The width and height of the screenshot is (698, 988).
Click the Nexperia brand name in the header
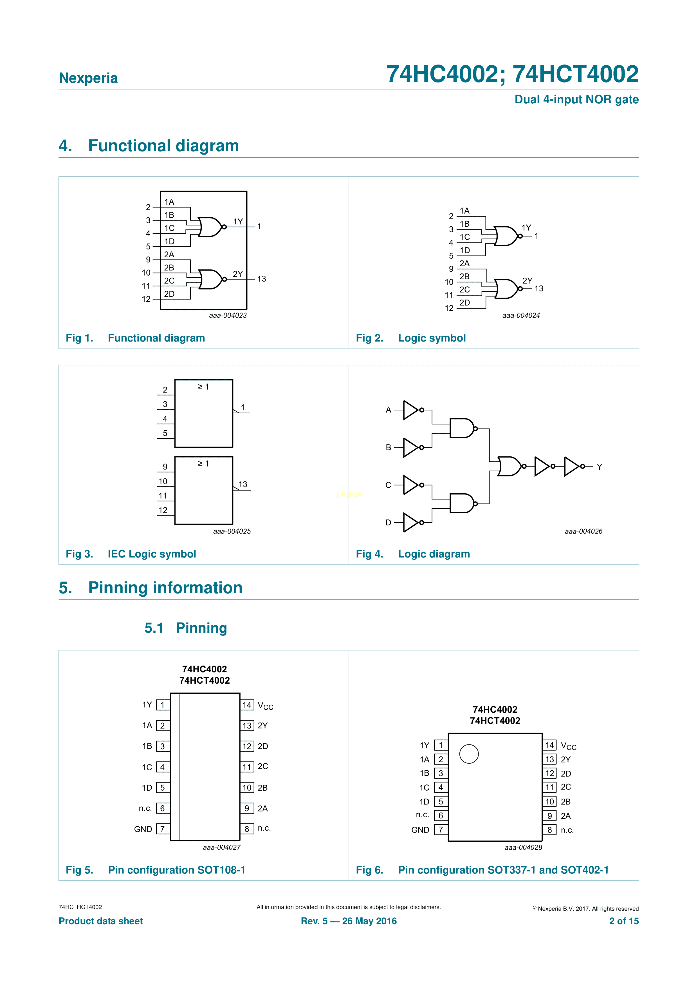[88, 78]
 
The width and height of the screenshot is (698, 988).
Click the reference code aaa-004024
[521, 315]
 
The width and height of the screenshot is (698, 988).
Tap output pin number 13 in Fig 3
[243, 484]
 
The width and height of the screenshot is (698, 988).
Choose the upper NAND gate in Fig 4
[461, 428]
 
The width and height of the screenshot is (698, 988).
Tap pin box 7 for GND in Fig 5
[163, 829]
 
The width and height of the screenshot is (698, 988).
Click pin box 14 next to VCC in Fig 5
[247, 705]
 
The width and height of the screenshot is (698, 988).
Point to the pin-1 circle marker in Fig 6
[469, 754]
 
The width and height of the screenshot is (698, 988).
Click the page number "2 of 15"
[624, 921]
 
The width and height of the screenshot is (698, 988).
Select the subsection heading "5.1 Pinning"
[186, 628]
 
